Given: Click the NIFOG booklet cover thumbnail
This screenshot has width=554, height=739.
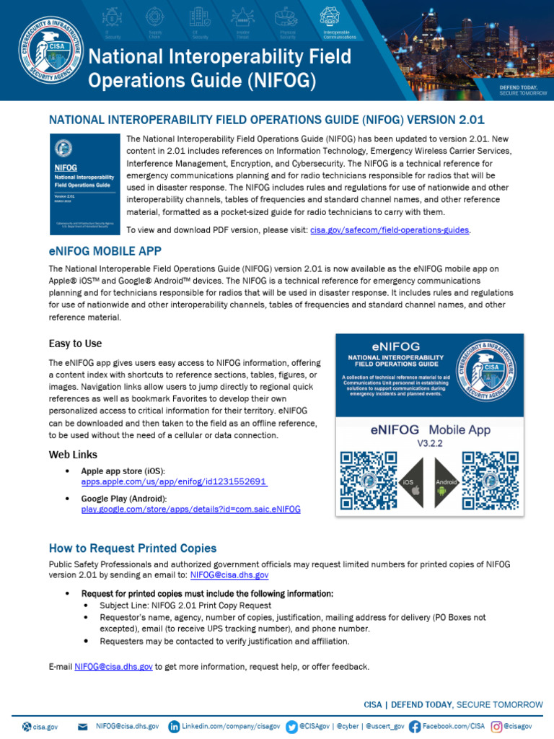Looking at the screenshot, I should point(85,183).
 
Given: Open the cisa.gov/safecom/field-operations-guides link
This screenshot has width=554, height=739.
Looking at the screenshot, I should point(390,229).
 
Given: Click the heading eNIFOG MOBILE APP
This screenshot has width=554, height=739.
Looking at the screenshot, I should point(105,251).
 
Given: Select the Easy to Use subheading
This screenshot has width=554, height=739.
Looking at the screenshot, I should point(75,344).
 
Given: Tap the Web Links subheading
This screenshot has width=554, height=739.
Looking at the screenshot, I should point(73,455).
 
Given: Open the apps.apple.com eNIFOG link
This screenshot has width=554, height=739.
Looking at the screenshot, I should point(174,481).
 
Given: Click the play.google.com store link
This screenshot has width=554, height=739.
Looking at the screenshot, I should point(190,509).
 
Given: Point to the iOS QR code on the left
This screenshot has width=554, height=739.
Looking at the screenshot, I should point(369,479).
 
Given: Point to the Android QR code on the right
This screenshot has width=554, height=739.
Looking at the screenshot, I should point(491,479).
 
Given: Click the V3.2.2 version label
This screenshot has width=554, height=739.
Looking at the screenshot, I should point(430,444).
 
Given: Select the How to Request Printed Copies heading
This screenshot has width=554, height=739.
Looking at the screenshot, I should point(132,548).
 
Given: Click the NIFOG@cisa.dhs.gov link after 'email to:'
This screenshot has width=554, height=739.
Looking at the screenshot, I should point(229,575).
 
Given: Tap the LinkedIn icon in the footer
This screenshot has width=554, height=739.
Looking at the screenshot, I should point(174,726).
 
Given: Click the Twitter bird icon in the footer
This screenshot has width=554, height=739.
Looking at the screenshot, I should point(291,726).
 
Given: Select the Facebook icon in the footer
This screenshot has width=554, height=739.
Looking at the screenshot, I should point(415,726).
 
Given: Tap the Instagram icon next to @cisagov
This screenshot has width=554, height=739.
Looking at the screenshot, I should point(497,726).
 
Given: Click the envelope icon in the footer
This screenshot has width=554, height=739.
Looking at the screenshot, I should point(82,726).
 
